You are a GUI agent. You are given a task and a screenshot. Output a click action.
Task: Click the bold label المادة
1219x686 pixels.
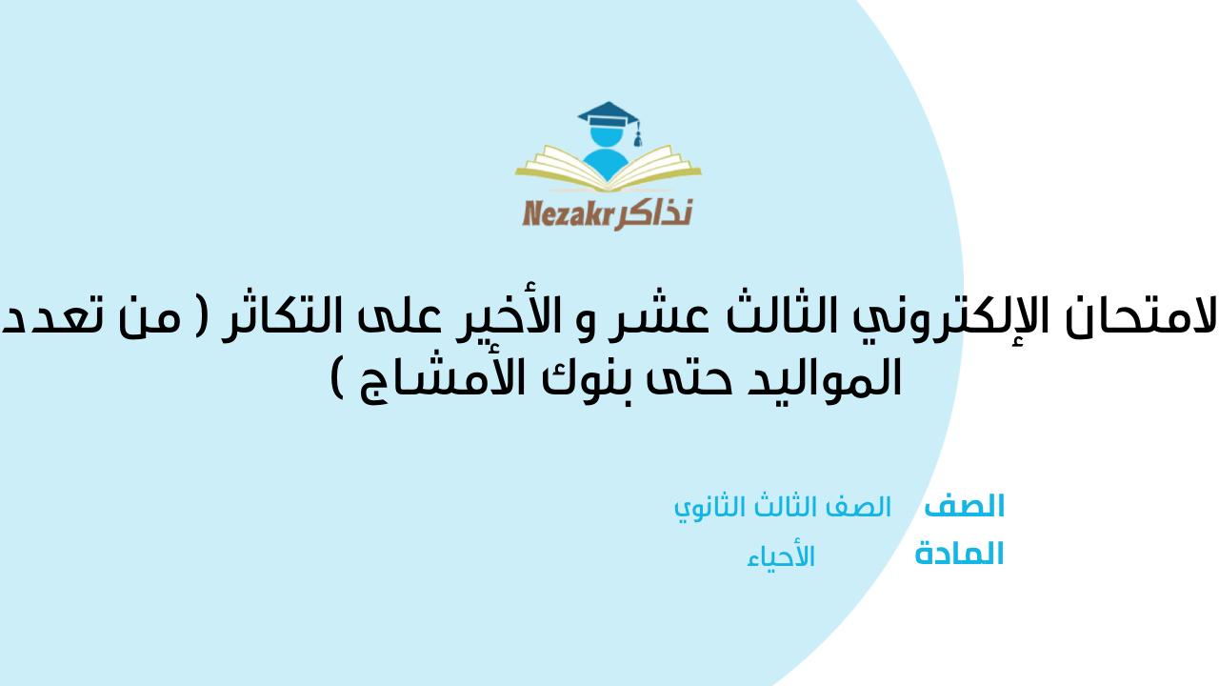pos(959,555)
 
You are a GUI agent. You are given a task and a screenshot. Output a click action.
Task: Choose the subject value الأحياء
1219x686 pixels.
pos(781,557)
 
